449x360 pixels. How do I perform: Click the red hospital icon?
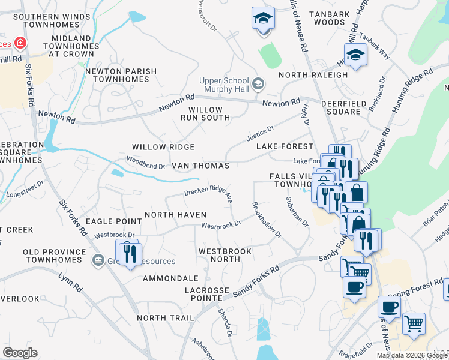click(20, 43)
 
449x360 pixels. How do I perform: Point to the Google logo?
click(20, 353)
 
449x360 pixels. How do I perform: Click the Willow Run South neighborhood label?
click(205, 114)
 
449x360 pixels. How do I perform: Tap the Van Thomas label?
click(200, 166)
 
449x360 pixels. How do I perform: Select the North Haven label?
click(175, 215)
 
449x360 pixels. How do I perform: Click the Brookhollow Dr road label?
click(267, 219)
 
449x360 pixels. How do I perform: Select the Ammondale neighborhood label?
click(170, 278)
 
